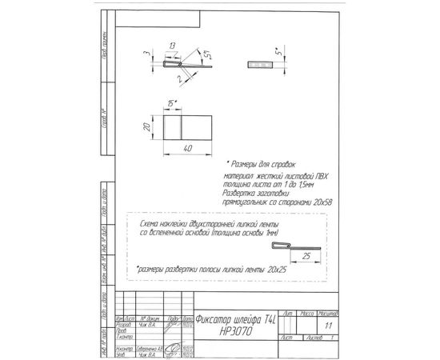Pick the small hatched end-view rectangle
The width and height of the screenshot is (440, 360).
(258, 64)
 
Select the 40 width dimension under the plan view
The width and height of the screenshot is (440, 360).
(186, 149)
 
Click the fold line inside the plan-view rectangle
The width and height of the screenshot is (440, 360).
(182, 127)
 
